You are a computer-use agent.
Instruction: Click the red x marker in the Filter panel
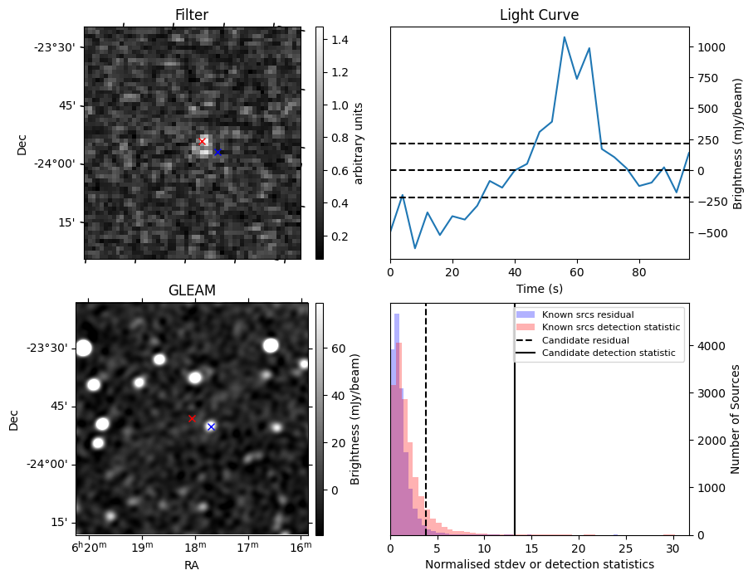point(202,141)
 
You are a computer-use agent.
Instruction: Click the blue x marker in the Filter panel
point(218,152)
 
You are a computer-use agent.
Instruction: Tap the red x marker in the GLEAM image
point(192,418)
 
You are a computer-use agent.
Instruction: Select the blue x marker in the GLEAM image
point(211,426)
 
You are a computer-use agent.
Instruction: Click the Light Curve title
point(539,15)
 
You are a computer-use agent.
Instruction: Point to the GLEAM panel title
point(192,290)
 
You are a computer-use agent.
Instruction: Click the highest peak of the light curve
point(565,37)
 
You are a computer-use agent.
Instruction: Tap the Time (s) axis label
point(539,287)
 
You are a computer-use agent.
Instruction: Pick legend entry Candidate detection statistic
point(609,353)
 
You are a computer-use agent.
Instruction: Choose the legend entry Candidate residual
point(585,341)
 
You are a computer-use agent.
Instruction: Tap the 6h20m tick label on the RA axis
point(88,548)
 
